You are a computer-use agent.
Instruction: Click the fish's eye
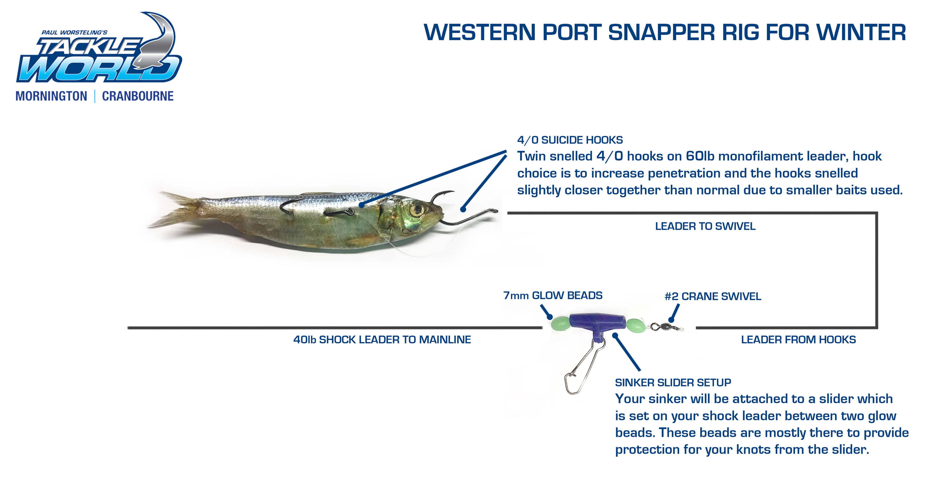click(417, 210)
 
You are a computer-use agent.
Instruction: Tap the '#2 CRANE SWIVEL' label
click(713, 296)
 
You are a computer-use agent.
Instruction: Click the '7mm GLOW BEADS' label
click(553, 295)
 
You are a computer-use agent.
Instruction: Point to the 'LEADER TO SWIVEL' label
click(705, 226)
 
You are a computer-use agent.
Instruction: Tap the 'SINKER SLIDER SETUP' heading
click(673, 382)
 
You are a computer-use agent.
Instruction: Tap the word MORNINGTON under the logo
click(51, 96)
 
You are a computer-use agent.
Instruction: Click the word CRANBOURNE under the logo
click(138, 96)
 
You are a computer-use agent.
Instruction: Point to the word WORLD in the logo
click(98, 69)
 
